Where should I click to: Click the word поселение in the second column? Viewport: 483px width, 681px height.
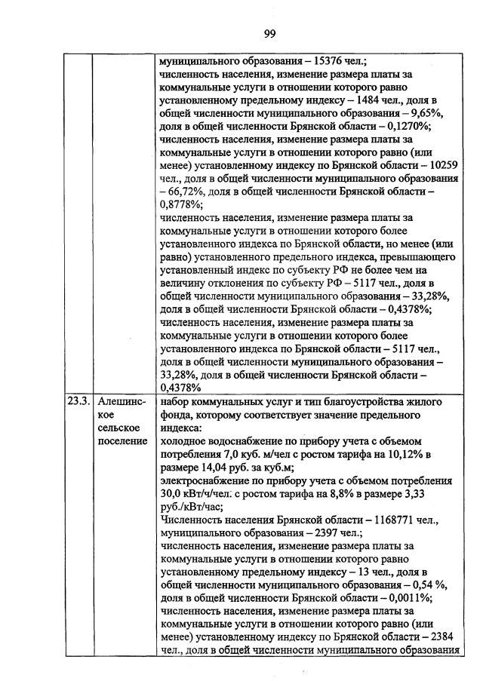(122, 440)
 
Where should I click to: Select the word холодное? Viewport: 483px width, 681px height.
(186, 440)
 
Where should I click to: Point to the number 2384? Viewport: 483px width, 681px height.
(443, 636)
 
